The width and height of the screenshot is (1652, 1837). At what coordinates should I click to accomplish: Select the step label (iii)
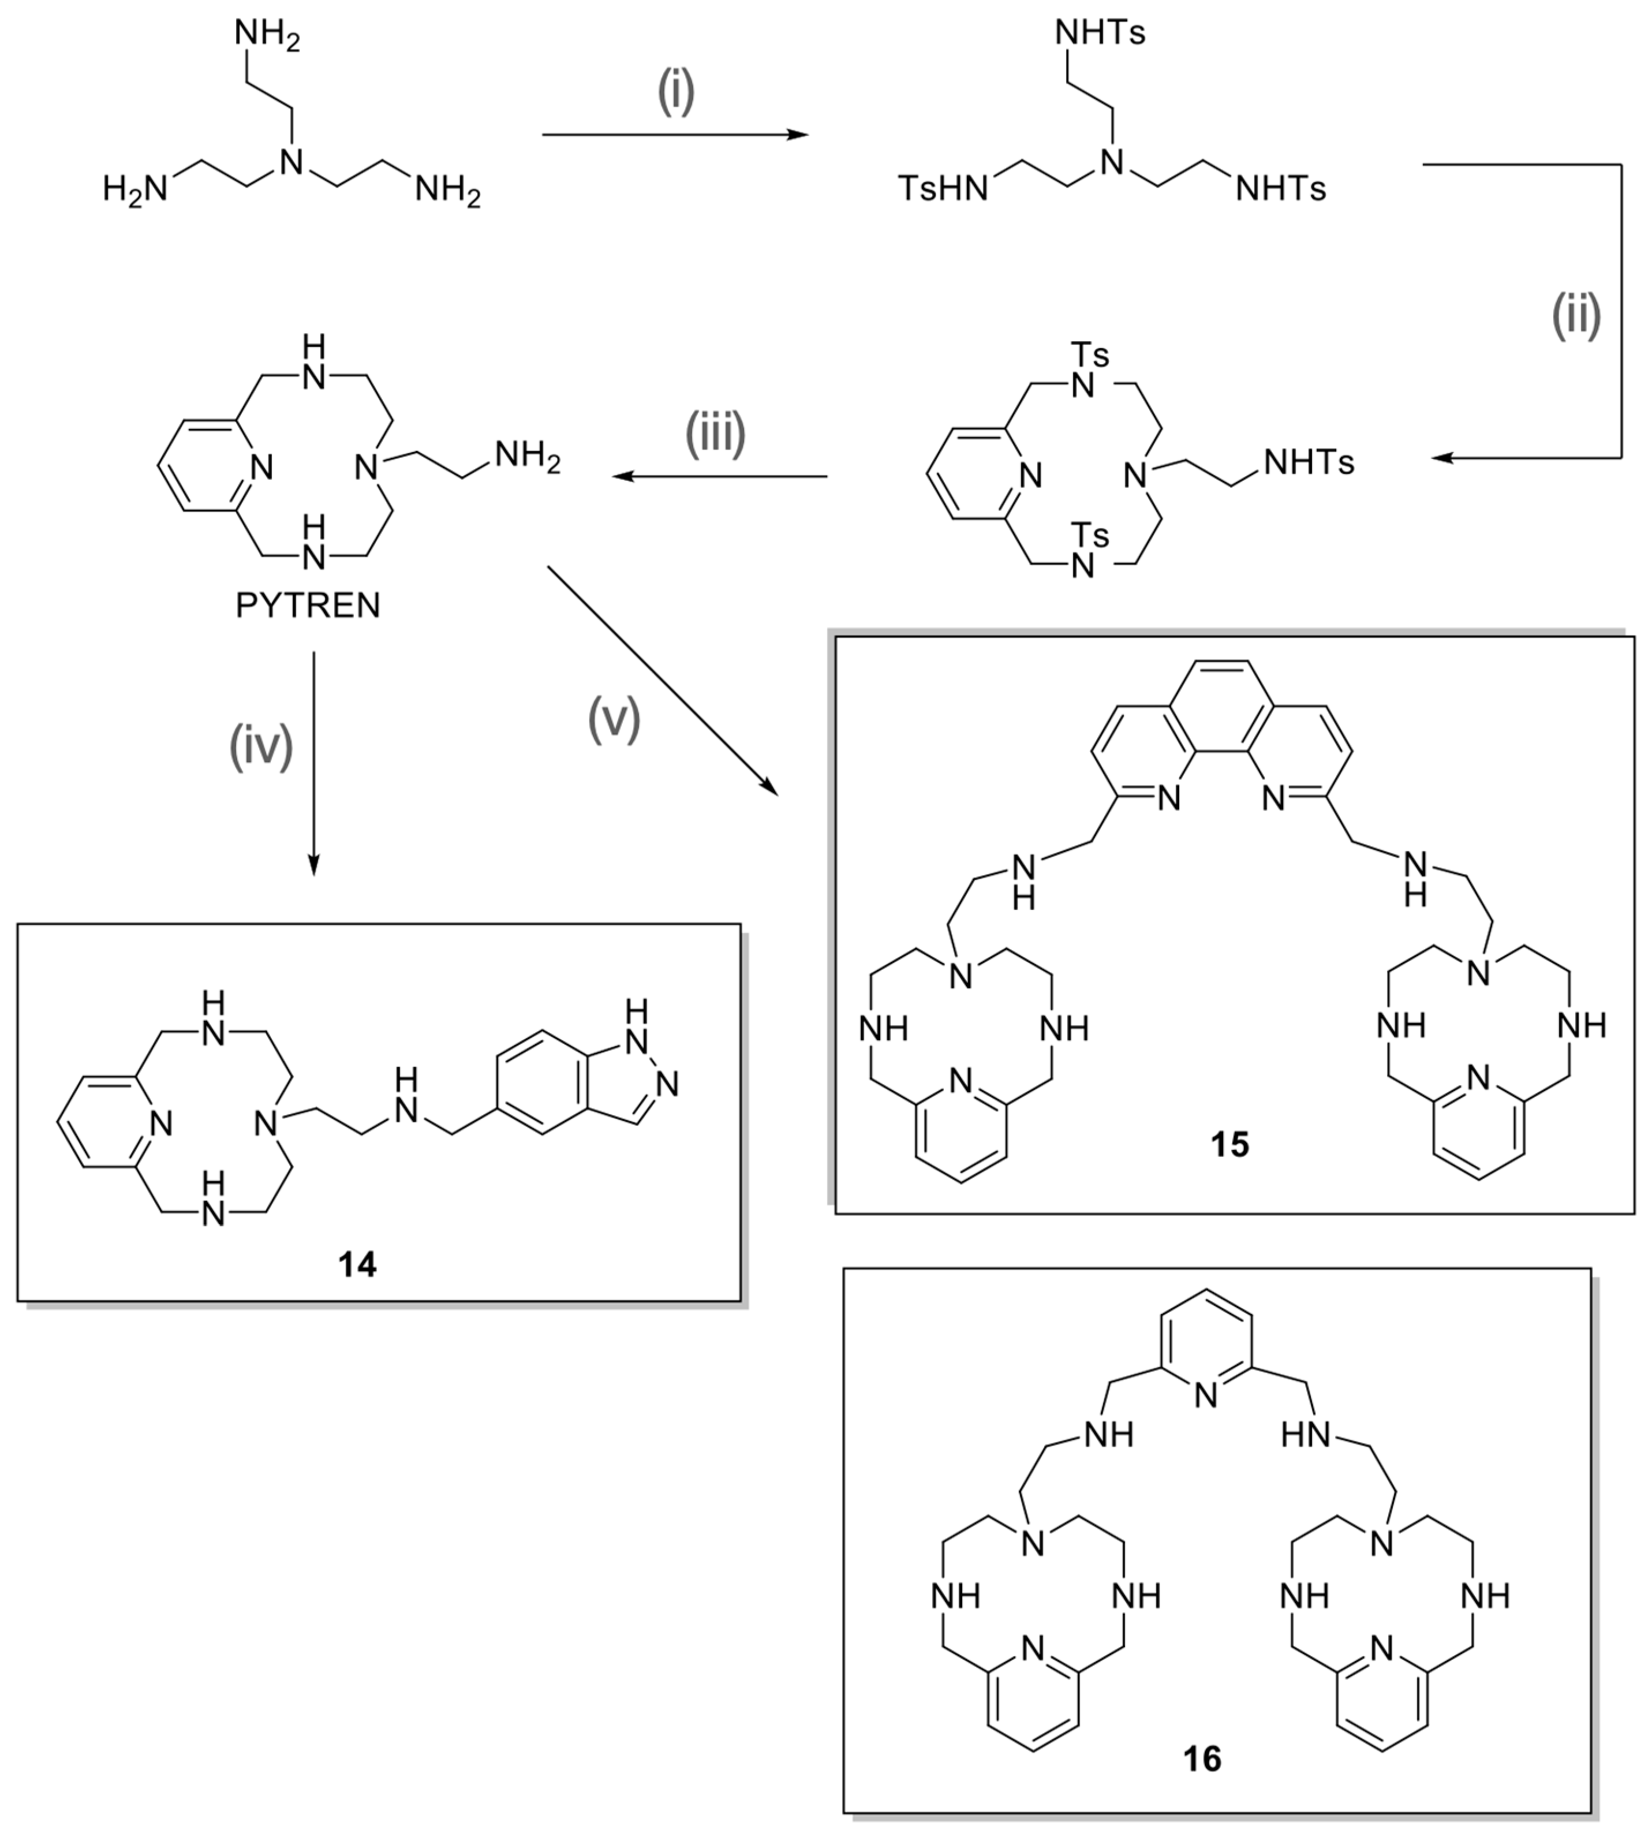(x=715, y=433)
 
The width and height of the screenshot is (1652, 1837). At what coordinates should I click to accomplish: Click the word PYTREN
(x=308, y=606)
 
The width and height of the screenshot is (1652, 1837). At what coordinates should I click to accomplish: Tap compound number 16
(x=1203, y=1759)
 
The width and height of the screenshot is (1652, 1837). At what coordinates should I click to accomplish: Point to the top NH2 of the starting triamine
(x=267, y=36)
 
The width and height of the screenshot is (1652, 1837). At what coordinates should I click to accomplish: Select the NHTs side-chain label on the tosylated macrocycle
(x=1308, y=464)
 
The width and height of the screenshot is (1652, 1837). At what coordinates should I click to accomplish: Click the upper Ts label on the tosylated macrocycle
(x=1090, y=354)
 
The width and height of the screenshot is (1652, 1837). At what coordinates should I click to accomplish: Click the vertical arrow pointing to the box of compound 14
(x=313, y=763)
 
